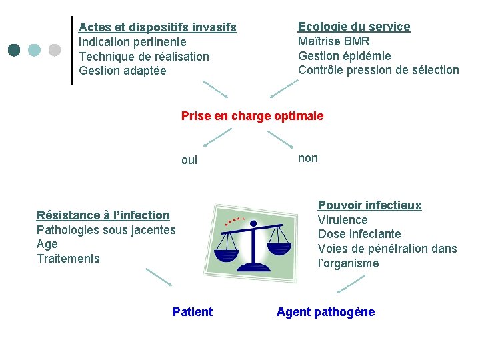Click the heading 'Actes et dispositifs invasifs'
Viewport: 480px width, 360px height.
coord(157,27)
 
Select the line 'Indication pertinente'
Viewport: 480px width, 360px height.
coord(133,42)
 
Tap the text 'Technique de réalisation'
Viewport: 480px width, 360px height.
coord(144,57)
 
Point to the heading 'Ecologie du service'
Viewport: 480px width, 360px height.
coord(354,27)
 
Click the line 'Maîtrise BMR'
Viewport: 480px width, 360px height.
coord(334,41)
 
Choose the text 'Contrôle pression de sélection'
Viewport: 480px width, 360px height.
coord(379,70)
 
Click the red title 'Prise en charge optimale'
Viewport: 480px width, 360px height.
coord(252,116)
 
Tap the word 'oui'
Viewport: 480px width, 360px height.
coord(189,160)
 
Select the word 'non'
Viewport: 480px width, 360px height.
coord(308,158)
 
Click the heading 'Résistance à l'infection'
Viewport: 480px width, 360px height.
coord(103,215)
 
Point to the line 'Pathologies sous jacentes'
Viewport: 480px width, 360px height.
coord(106,230)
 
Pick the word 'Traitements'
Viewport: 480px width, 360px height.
coord(68,259)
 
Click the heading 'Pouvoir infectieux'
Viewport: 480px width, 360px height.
coord(369,205)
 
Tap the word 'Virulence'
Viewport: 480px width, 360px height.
coord(343,220)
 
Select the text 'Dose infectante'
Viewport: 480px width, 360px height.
coord(359,234)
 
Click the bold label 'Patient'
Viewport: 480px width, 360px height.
coord(193,312)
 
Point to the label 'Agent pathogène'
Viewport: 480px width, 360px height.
coord(326,312)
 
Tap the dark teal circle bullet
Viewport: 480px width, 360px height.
coord(15,50)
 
